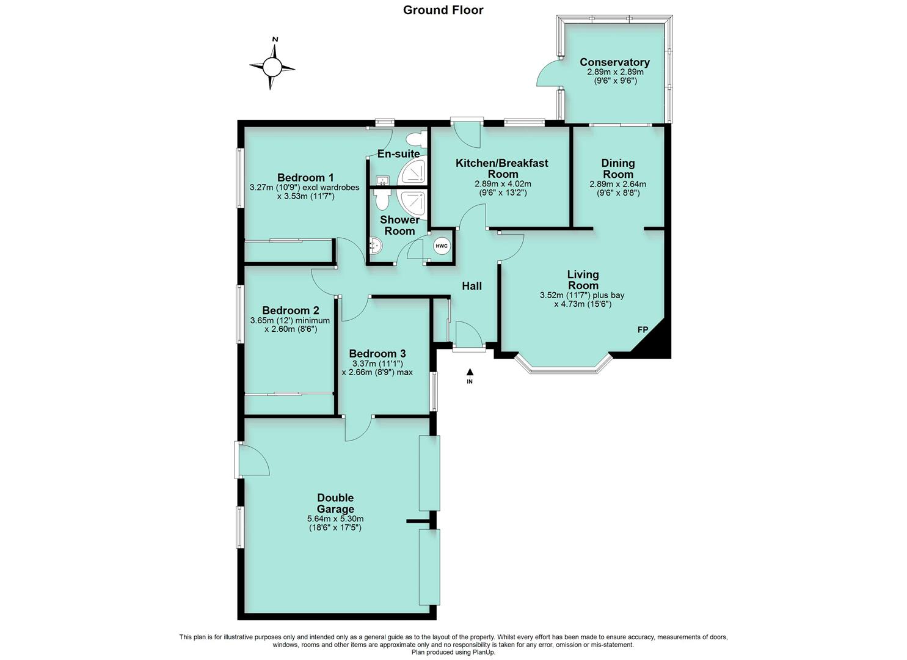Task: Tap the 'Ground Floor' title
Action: click(443, 10)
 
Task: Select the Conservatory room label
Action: click(614, 62)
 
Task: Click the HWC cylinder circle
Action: click(441, 246)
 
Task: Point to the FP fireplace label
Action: click(643, 330)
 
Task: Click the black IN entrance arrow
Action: click(470, 372)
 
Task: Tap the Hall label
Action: click(472, 286)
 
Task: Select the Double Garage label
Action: click(335, 504)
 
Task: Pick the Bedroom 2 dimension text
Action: click(290, 324)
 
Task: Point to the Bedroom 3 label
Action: click(377, 353)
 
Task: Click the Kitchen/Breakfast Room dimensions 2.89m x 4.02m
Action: click(503, 184)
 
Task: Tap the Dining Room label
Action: click(618, 169)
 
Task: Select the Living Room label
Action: click(583, 280)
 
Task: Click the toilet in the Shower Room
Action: click(382, 199)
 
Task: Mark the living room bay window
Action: click(563, 367)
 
